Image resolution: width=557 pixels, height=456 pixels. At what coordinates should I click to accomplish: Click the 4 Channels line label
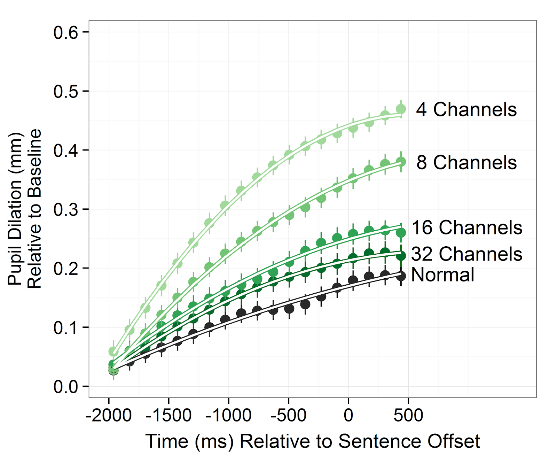[x=466, y=110]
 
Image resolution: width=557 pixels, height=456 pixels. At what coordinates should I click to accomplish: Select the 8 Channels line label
[x=466, y=163]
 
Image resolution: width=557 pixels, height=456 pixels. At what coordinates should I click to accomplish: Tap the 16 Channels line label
[x=466, y=228]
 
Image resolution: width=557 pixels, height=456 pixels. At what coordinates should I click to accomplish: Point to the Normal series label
[x=442, y=275]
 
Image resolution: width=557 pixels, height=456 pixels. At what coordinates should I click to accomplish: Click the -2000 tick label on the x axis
[x=109, y=415]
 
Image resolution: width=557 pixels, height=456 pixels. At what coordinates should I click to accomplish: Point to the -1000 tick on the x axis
[x=229, y=415]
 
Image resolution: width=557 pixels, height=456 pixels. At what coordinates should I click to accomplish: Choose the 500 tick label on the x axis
[x=408, y=415]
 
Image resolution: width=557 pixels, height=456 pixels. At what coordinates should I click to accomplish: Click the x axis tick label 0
[x=348, y=415]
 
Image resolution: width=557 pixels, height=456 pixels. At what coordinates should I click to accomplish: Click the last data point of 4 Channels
[x=401, y=109]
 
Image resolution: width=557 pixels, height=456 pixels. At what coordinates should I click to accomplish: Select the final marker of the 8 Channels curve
[x=401, y=162]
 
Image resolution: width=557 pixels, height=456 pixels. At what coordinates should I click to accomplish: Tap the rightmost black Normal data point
[x=401, y=276]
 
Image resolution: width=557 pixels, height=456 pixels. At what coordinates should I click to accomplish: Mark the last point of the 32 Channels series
[x=401, y=256]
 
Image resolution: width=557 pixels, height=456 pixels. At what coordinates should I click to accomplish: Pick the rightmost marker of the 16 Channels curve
[x=401, y=232]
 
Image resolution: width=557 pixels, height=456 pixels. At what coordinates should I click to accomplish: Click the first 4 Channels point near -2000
[x=113, y=351]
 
